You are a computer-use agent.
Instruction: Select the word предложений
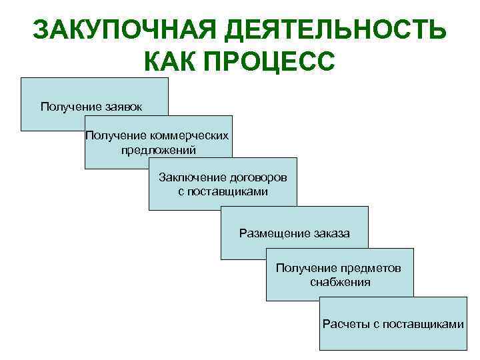pyautogui.click(x=159, y=149)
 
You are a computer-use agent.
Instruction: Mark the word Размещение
pyautogui.click(x=273, y=233)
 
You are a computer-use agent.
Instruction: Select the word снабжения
pyautogui.click(x=340, y=281)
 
